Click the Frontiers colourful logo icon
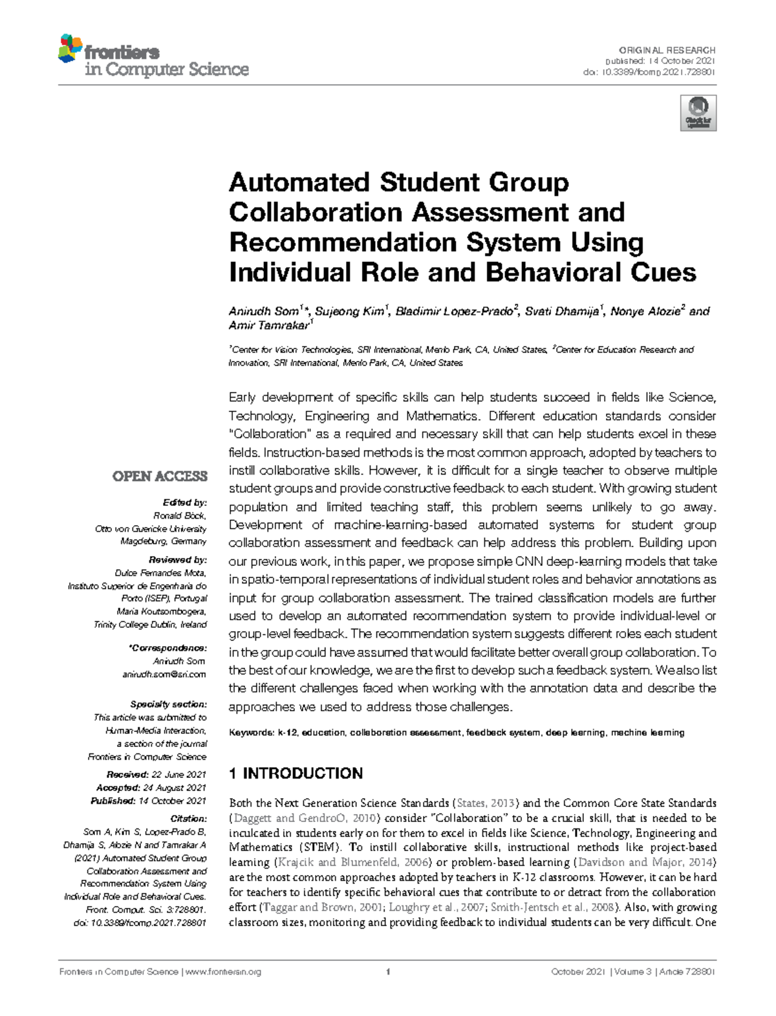coord(70,49)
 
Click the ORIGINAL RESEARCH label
coord(667,50)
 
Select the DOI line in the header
coord(649,72)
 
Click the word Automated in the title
coord(299,182)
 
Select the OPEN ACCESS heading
coord(160,477)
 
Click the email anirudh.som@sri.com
coord(164,674)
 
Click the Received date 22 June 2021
coord(178,774)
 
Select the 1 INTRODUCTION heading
coord(296,773)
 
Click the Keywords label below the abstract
coord(251,733)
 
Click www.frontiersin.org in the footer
coord(223,972)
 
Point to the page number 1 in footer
coord(387,972)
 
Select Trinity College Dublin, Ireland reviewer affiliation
coord(150,625)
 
